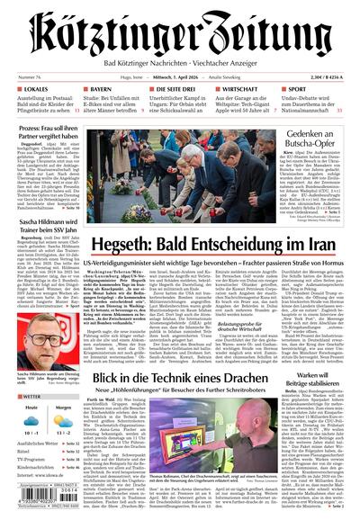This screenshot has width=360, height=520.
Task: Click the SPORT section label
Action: (x=296, y=91)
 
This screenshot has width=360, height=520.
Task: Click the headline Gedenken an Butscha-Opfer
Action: (x=314, y=139)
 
